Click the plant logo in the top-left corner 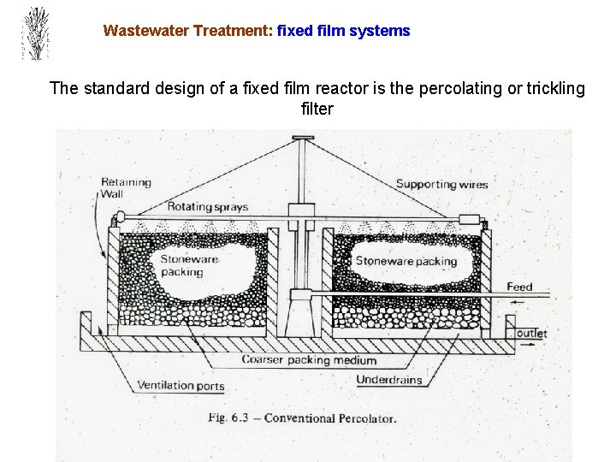35,34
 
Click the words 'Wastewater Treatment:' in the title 187,31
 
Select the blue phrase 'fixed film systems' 344,31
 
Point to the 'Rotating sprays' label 208,206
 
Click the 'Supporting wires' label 441,184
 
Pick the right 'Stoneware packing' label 406,261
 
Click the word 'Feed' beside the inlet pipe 519,287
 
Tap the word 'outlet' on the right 531,333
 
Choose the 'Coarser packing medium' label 309,360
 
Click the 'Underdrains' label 388,380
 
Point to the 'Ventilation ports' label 181,386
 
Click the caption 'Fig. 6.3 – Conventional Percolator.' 303,418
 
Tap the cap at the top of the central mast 303,138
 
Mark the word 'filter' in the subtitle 317,110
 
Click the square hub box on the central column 303,210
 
